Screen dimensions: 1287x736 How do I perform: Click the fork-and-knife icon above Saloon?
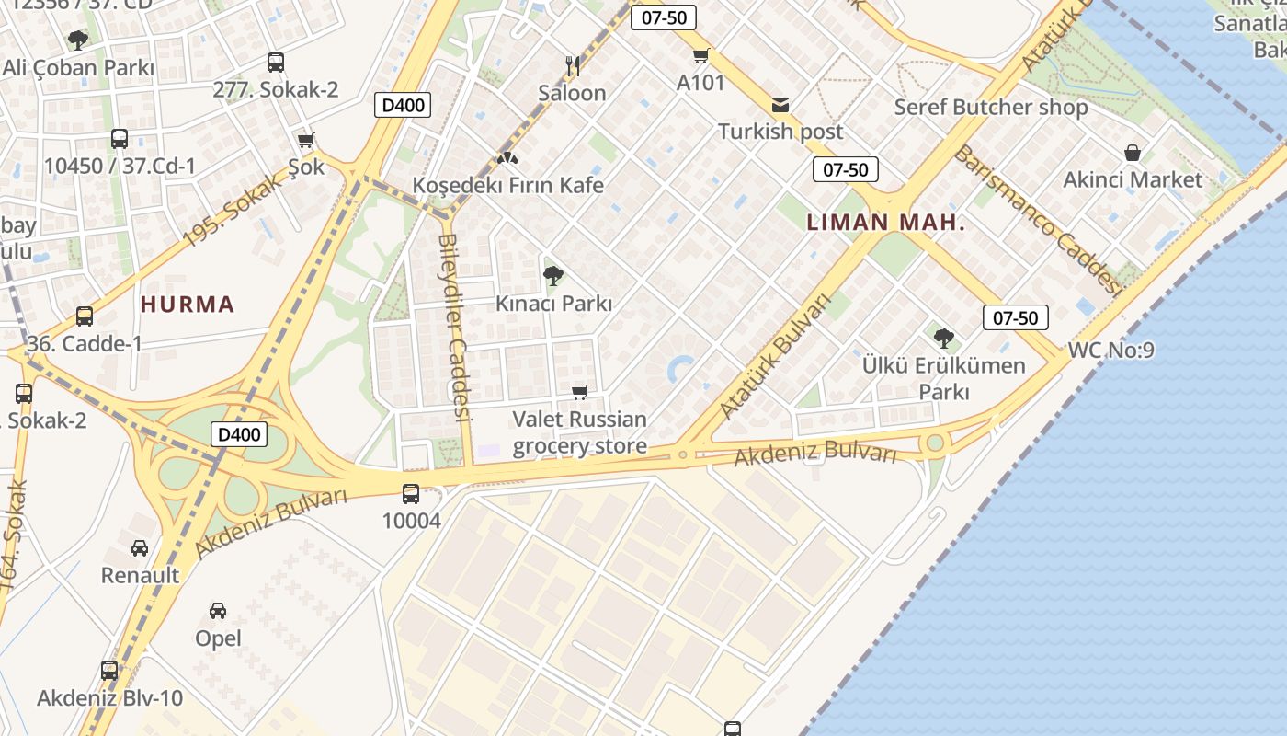coord(572,65)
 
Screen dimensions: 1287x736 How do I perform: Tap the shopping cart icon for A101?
coord(700,55)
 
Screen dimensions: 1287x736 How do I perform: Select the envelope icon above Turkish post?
coord(780,105)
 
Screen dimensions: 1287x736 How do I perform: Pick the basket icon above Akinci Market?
coord(1133,152)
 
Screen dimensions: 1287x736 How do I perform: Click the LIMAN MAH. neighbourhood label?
coord(885,222)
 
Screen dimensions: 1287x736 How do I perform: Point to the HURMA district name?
coord(188,305)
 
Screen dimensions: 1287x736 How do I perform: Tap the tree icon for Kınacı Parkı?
coord(552,275)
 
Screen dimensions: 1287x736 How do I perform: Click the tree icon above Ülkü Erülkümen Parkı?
coord(943,338)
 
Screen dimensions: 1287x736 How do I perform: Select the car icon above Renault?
coord(140,548)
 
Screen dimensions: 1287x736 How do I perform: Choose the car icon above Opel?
coord(218,611)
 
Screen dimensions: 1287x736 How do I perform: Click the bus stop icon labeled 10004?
coord(411,494)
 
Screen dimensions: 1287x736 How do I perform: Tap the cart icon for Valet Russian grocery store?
coord(579,393)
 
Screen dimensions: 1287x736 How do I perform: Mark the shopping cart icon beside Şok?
coord(306,141)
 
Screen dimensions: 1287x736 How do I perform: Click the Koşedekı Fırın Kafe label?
coord(507,185)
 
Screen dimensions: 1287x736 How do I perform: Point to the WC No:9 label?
coord(1110,351)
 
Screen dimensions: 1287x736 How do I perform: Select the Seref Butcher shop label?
coord(991,108)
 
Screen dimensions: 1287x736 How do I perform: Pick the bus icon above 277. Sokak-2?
coord(275,63)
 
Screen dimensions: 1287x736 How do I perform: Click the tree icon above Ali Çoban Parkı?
coord(78,40)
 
